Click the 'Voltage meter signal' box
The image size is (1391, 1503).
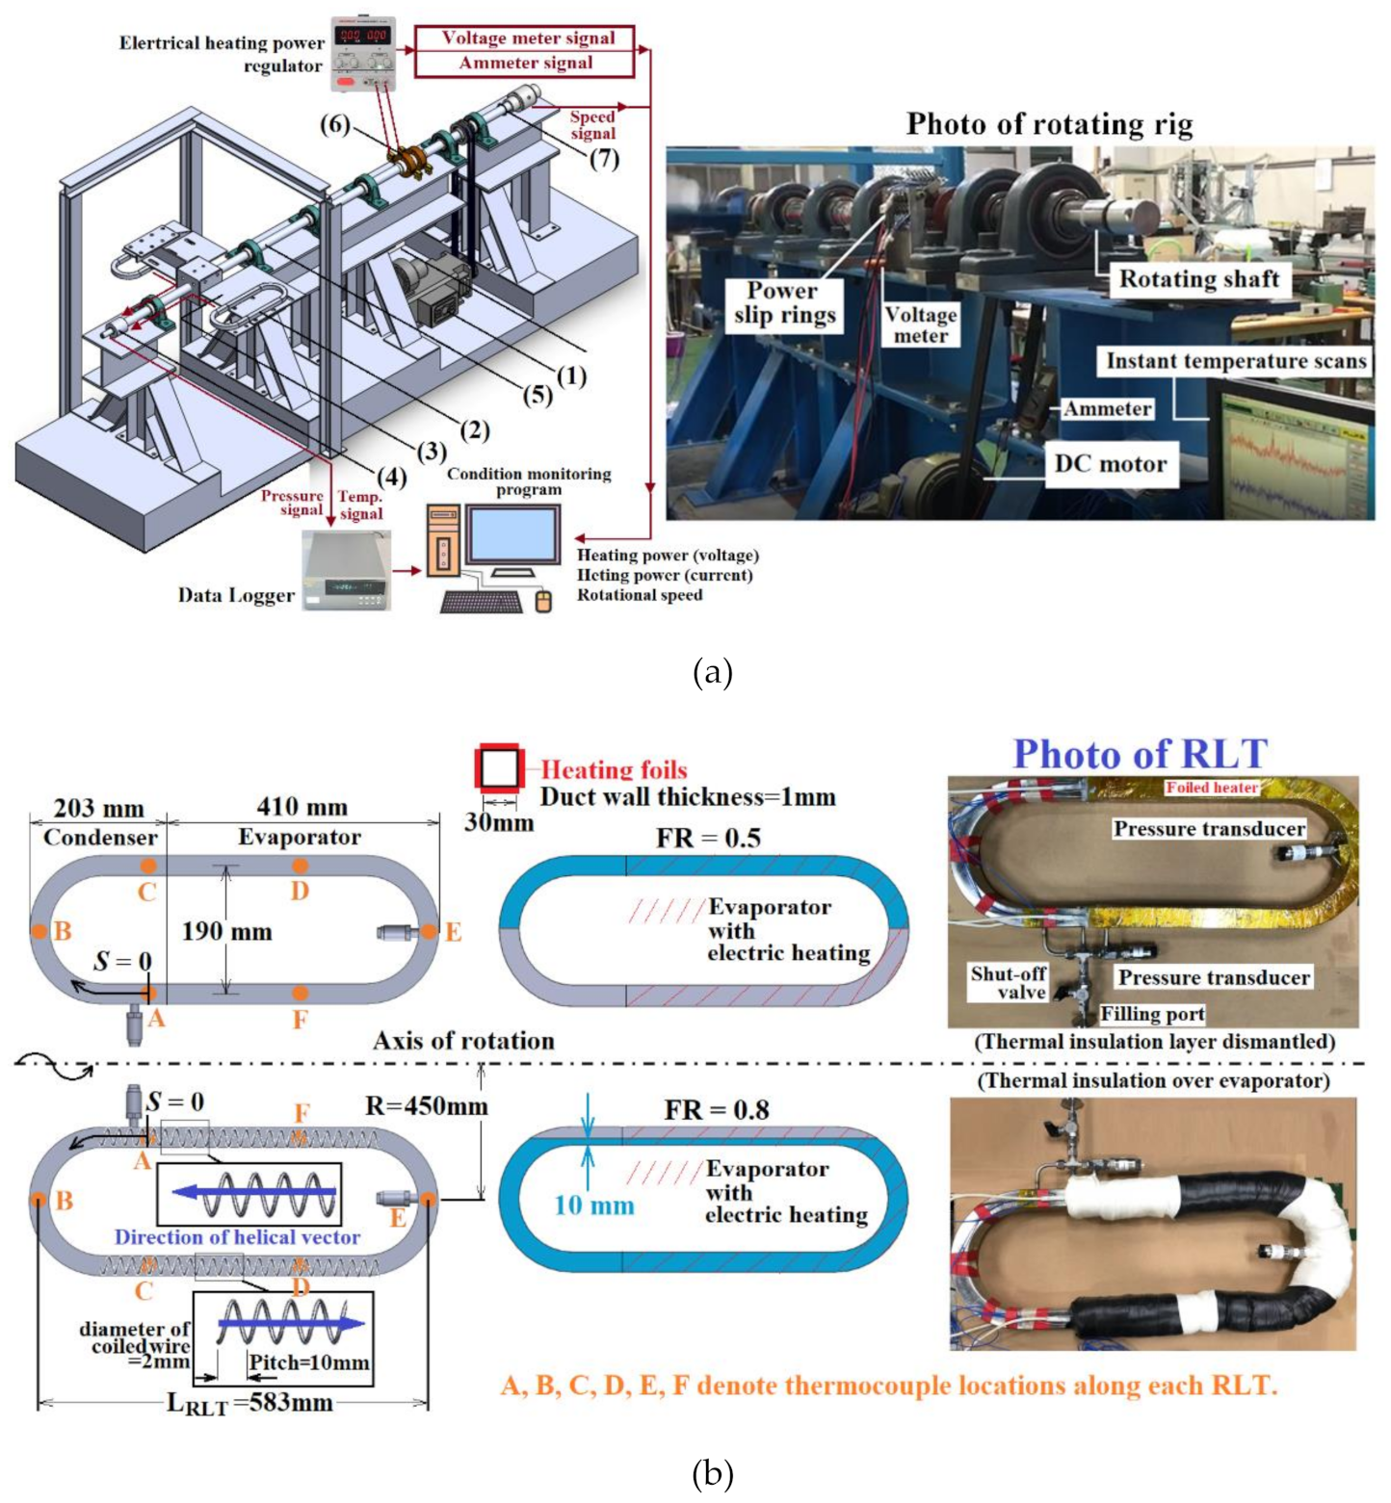(526, 39)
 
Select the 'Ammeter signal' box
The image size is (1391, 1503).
(526, 64)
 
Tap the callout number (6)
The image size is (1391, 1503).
(335, 124)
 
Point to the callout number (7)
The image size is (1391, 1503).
(604, 158)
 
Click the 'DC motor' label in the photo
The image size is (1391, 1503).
(1110, 464)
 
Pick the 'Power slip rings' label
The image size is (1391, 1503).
(784, 303)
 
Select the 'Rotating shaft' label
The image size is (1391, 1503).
(1198, 279)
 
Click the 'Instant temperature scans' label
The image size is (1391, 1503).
(1236, 361)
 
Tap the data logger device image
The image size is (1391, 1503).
(346, 571)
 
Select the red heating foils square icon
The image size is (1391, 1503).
(499, 768)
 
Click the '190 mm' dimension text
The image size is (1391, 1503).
(227, 932)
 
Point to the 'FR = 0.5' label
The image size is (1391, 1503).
(708, 839)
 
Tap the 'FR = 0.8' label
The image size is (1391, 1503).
(716, 1110)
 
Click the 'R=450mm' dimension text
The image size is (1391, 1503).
(426, 1106)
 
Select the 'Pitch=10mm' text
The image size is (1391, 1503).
(308, 1363)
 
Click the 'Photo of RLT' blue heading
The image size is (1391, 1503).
(1140, 754)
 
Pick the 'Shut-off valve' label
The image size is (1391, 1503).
(1009, 983)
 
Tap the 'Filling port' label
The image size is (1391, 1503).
(1152, 1014)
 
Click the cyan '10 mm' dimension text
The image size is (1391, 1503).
(594, 1205)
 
